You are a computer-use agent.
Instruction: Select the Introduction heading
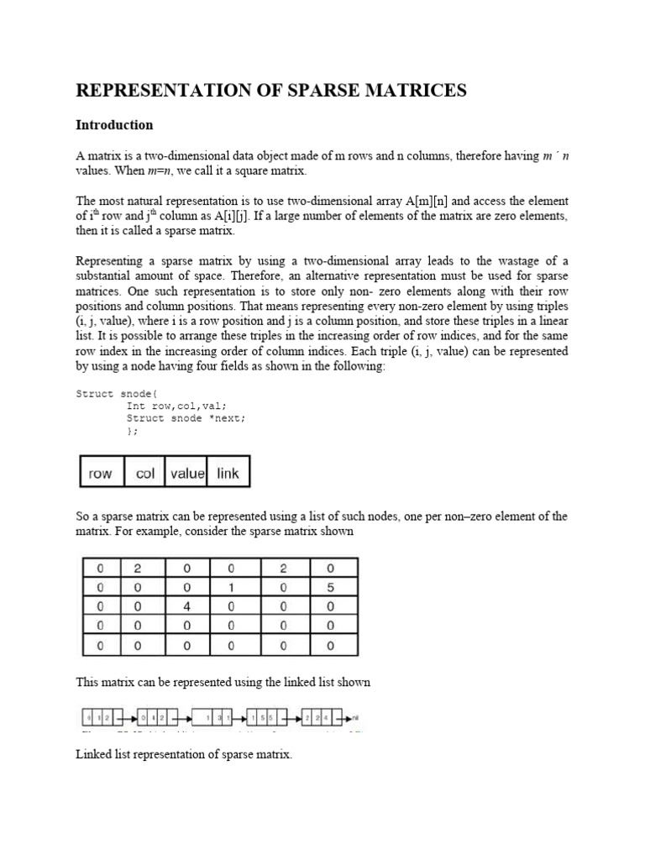(x=114, y=125)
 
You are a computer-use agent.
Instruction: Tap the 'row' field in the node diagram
(x=100, y=474)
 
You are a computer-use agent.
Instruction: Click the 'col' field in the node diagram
(x=145, y=474)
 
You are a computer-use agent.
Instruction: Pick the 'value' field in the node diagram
(x=186, y=474)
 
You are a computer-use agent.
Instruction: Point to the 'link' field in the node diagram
(x=228, y=474)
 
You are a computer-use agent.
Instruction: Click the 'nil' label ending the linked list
(x=356, y=718)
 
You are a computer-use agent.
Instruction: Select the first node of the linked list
(x=96, y=718)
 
